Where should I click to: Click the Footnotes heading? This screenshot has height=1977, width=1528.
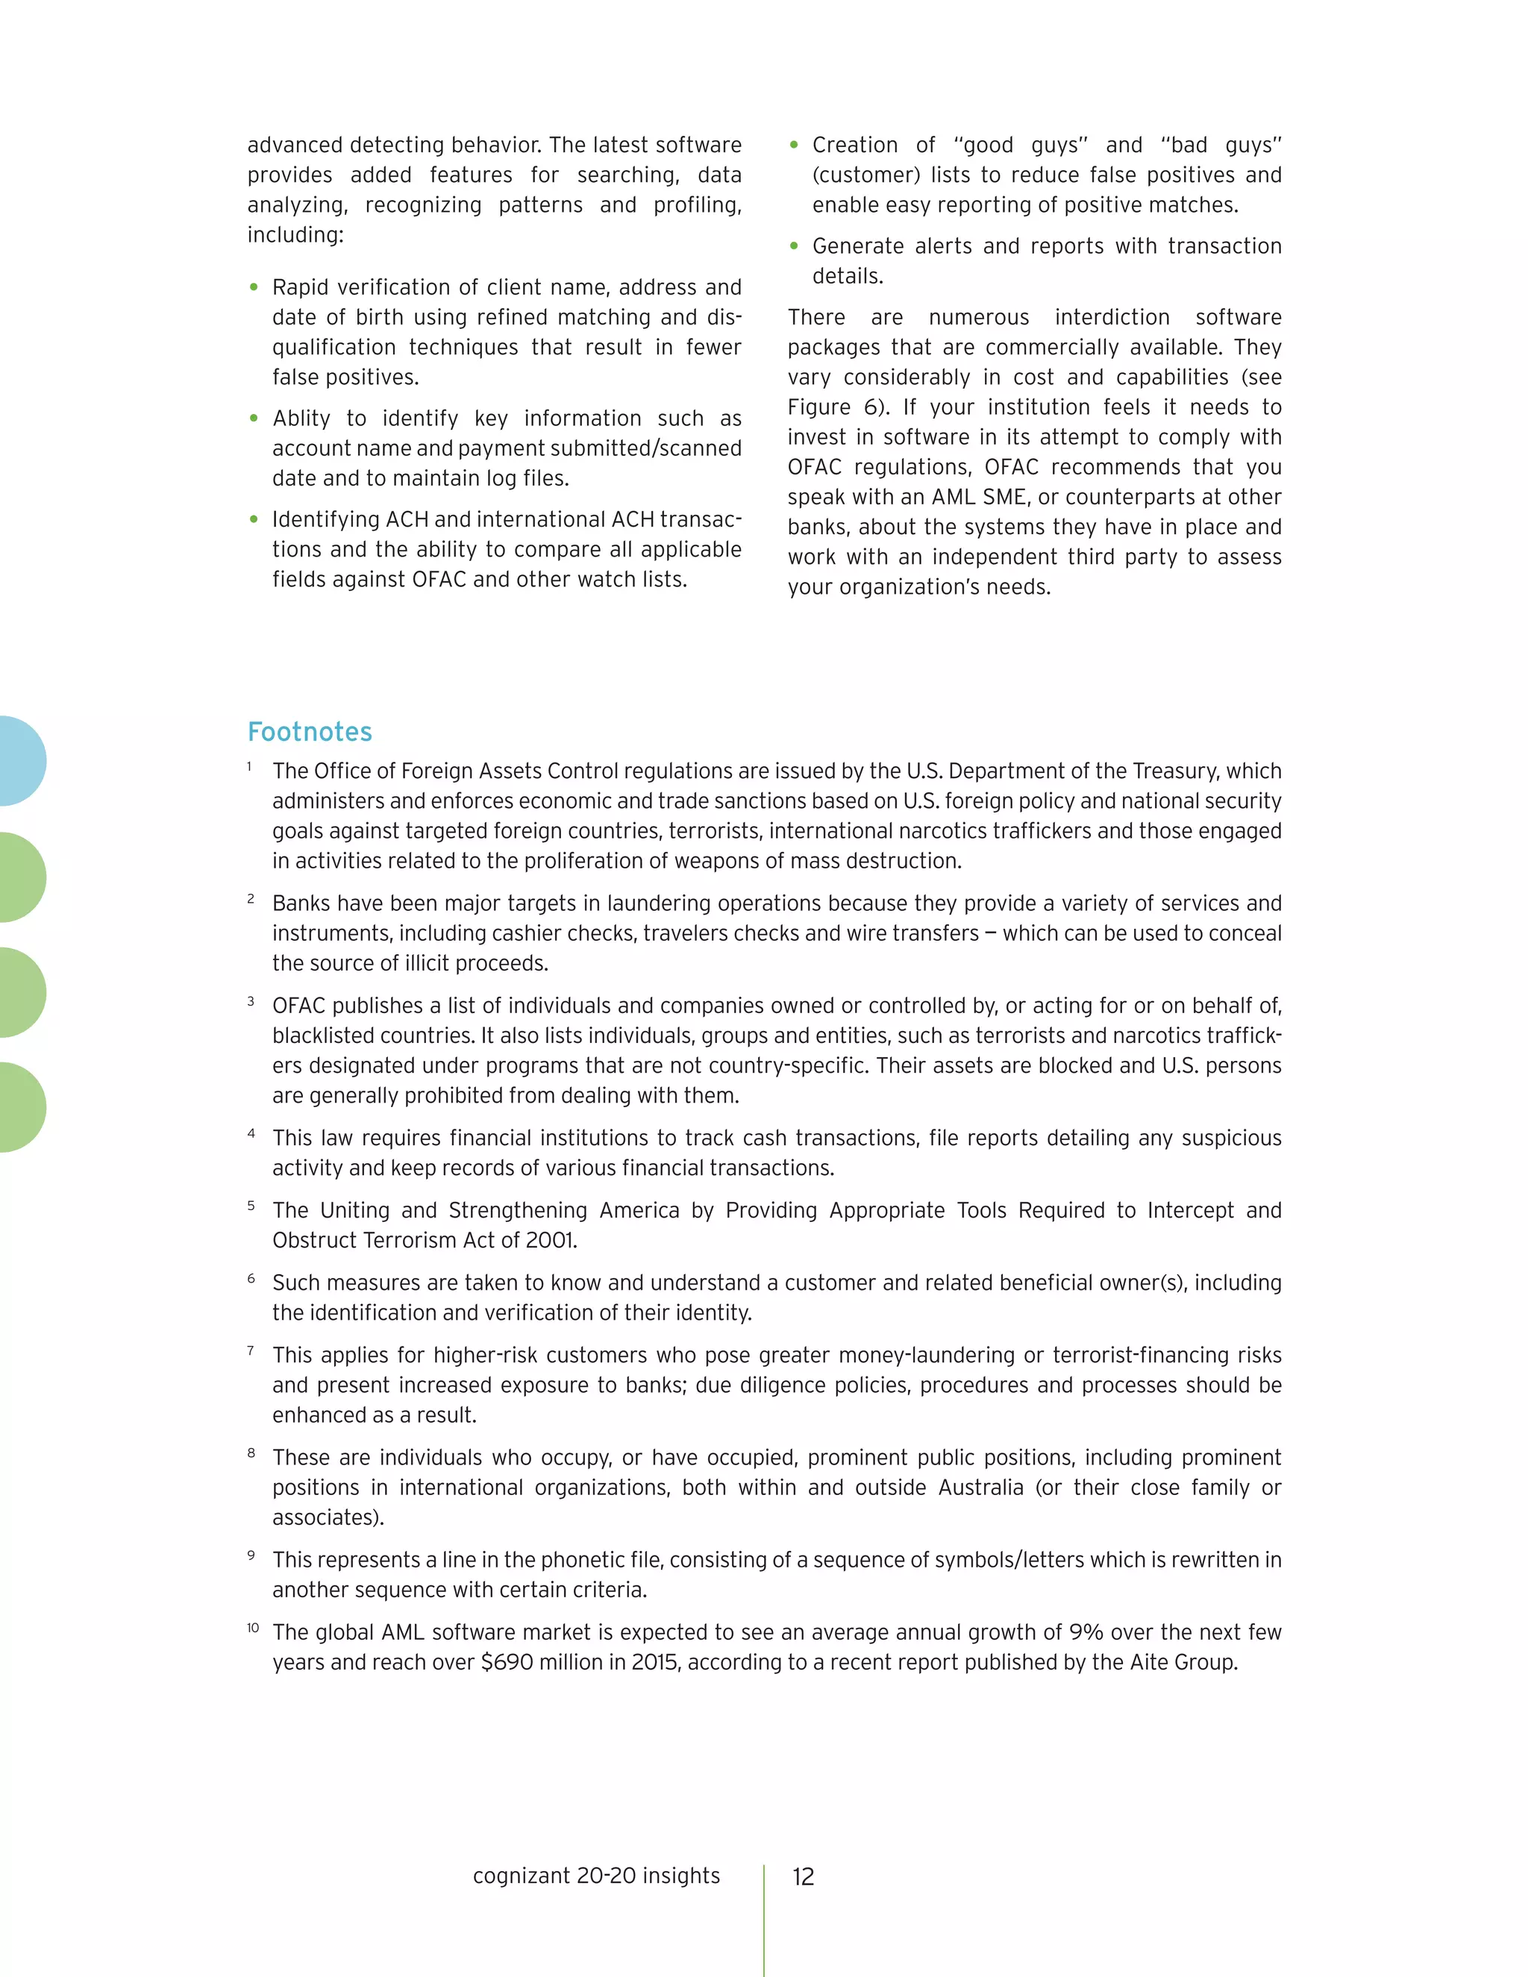tap(310, 731)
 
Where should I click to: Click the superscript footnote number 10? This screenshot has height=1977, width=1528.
tap(253, 1628)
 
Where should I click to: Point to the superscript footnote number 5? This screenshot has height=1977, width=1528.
tap(251, 1206)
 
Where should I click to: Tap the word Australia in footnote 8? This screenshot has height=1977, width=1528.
tap(980, 1488)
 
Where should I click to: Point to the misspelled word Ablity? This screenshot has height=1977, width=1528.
tap(301, 419)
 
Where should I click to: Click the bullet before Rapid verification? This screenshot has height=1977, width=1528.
tap(254, 288)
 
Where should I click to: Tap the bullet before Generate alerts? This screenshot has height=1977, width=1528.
tap(794, 246)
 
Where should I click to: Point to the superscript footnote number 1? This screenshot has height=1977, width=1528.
tap(249, 767)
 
